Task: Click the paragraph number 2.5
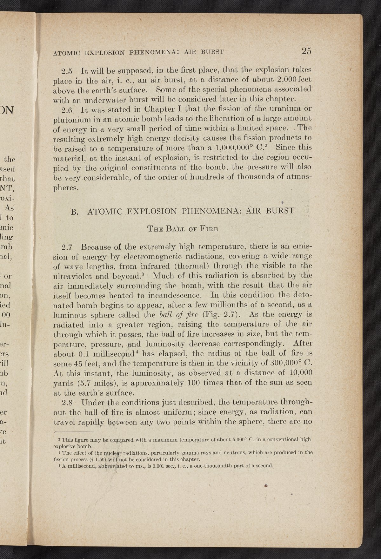coord(67,70)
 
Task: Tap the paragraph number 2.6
coord(67,110)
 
